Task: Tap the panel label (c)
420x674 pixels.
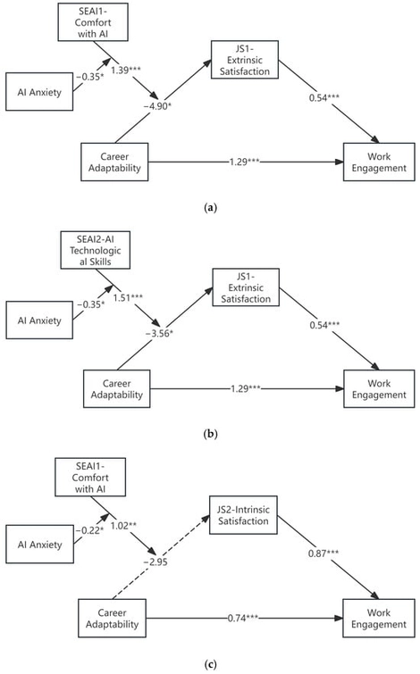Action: point(209,663)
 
